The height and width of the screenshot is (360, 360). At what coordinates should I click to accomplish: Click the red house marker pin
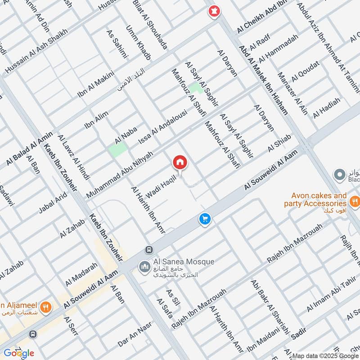point(180,162)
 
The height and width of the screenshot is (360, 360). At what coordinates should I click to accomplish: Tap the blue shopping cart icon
point(205,220)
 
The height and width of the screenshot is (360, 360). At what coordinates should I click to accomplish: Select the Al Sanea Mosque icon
point(144,267)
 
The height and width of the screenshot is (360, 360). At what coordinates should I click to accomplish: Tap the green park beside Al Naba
point(117,150)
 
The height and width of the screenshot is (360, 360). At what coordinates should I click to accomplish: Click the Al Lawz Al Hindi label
point(73,156)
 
